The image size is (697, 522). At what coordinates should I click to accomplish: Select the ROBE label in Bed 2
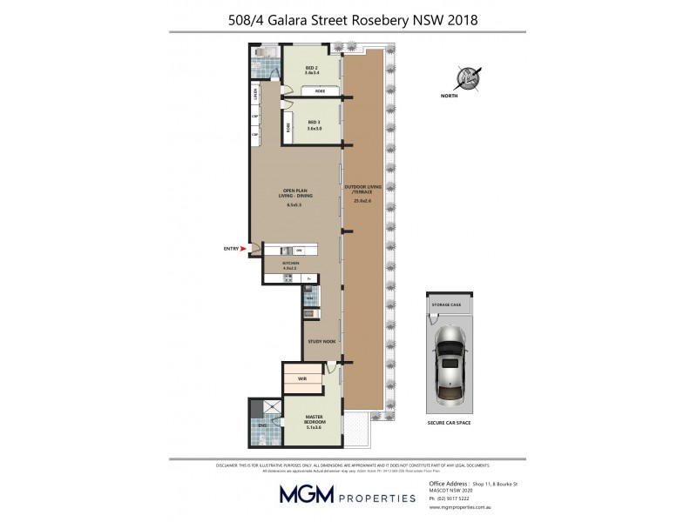click(320, 90)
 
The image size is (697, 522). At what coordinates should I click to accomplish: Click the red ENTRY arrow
click(244, 249)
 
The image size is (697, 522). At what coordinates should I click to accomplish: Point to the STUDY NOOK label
click(321, 341)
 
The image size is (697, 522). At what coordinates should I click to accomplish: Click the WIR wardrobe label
click(301, 378)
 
